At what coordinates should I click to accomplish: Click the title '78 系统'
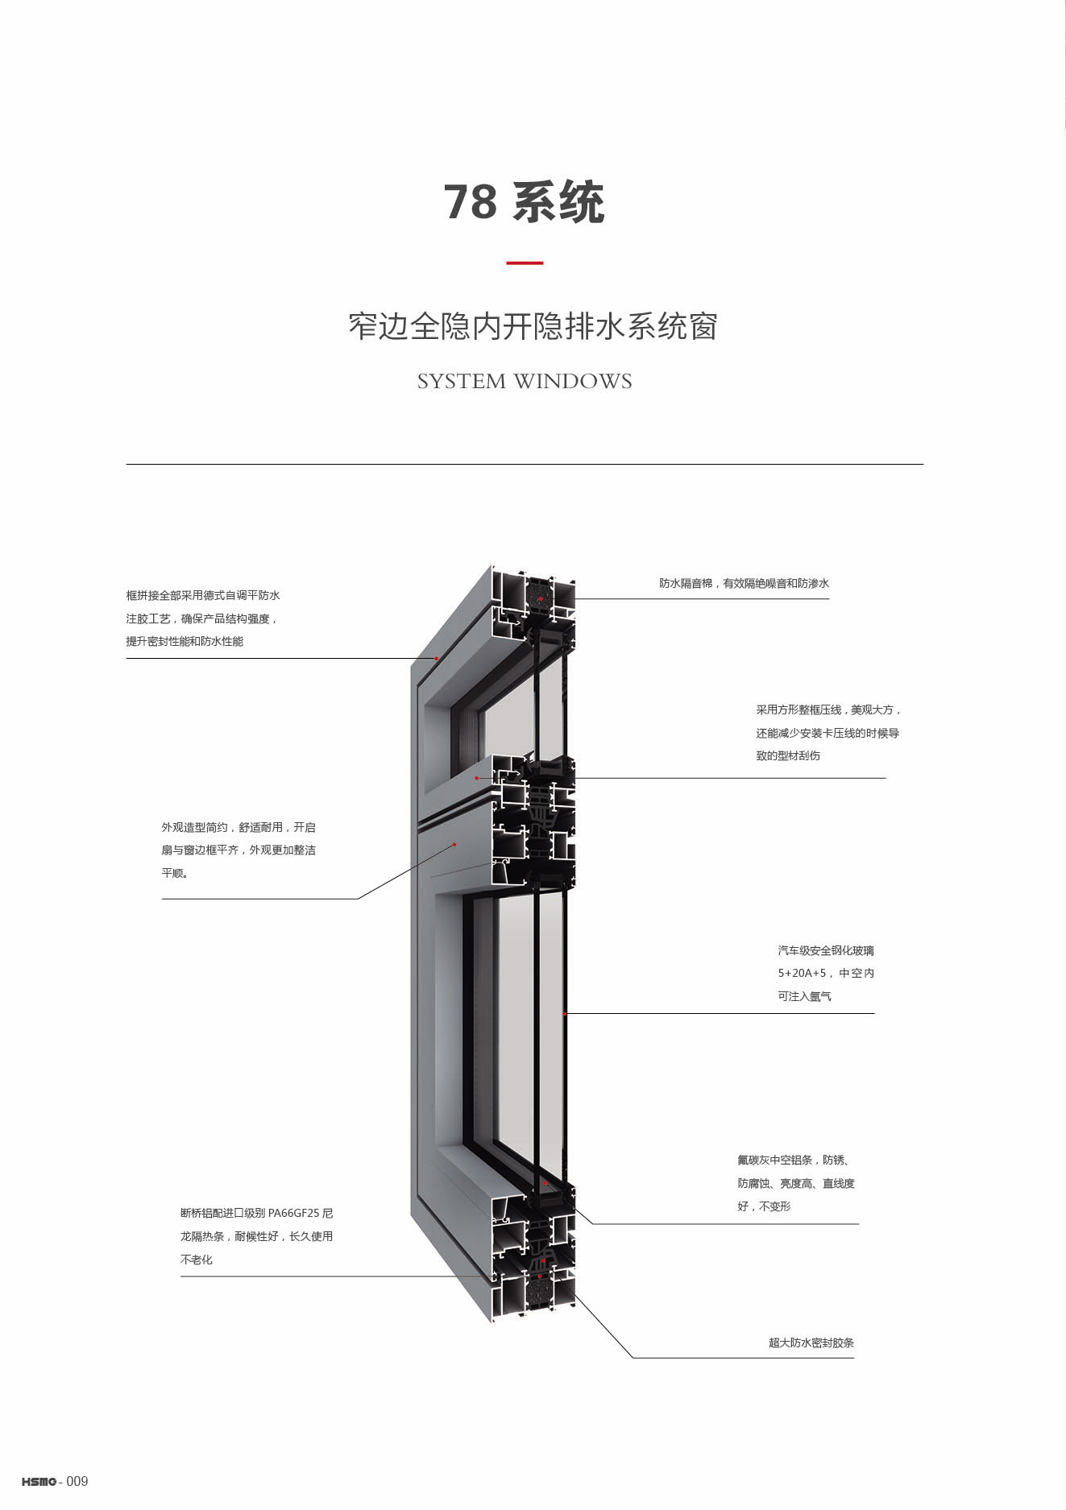[524, 202]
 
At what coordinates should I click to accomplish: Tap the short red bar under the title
[524, 263]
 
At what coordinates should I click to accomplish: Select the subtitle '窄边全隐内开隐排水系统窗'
[533, 327]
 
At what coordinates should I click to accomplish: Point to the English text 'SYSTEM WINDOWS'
[525, 382]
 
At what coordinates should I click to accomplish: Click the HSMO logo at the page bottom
[39, 1482]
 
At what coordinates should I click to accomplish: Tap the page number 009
[77, 1482]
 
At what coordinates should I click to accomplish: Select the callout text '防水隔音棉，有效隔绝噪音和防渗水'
[744, 584]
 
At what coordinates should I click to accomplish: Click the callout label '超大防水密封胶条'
[811, 1342]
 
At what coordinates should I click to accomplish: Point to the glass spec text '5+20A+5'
[802, 973]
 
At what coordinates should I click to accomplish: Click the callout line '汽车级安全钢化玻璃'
[825, 950]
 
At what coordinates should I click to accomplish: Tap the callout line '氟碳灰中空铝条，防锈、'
[793, 1160]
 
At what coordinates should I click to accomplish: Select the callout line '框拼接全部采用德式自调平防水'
[203, 596]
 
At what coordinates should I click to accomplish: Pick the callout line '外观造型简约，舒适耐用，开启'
[239, 827]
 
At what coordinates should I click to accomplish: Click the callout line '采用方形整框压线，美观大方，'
[828, 710]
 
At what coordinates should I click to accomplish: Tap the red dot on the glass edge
[566, 1014]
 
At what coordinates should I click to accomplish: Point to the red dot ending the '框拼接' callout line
[437, 659]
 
